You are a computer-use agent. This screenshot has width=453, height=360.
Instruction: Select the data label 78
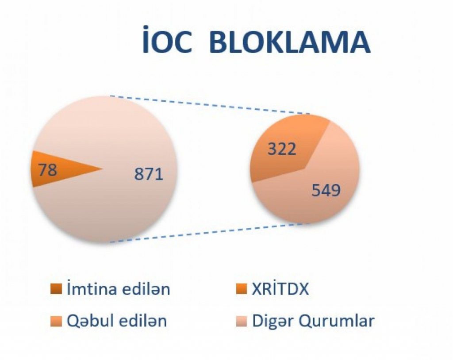[x=48, y=169]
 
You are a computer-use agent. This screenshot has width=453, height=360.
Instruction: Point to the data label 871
[x=149, y=174]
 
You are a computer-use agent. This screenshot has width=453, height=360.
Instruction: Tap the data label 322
[x=282, y=149]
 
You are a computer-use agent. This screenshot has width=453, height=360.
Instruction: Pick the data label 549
[x=326, y=191]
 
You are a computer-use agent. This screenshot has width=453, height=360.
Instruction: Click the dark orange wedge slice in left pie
[x=58, y=169]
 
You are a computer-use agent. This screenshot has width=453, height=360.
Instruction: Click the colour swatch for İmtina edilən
[x=56, y=289]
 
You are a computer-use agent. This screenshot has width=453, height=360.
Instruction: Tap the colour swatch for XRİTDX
[x=242, y=289]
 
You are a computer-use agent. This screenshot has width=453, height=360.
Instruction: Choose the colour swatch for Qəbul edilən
[x=56, y=321]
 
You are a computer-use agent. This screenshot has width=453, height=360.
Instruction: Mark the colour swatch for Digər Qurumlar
[x=242, y=321]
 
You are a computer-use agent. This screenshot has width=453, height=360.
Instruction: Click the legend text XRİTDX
[x=280, y=289]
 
